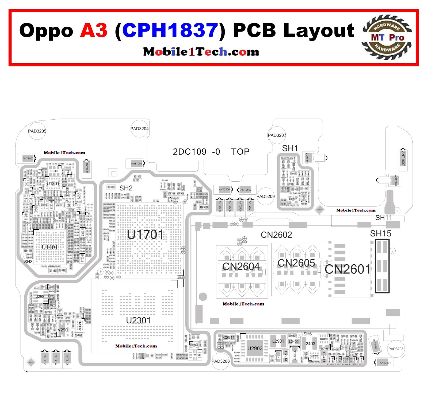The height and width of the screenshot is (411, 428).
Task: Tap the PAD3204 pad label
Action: tap(139, 129)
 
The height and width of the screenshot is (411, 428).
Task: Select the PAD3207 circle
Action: tap(277, 135)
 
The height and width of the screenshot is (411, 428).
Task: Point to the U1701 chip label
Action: tap(145, 234)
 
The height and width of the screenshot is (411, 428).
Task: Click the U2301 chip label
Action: tap(138, 320)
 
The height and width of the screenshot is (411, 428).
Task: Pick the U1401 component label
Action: tap(50, 247)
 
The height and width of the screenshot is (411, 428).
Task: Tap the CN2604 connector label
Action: tap(241, 266)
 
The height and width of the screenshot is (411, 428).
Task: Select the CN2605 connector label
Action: tap(296, 263)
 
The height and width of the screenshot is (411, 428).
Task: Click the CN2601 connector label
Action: tap(347, 269)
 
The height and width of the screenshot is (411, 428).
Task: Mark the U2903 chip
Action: tap(255, 348)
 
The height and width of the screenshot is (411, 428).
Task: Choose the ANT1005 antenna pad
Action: tap(28, 158)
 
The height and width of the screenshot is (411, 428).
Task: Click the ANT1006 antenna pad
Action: tap(136, 163)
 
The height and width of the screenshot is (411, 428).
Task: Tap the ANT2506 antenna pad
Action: tap(224, 190)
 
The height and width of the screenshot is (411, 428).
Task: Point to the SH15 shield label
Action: tap(380, 234)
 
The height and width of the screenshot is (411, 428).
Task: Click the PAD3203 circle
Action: tap(396, 349)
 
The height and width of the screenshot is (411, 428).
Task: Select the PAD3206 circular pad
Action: tap(221, 361)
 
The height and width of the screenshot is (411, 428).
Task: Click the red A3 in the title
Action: tap(94, 30)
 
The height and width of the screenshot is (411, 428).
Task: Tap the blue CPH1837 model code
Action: tap(170, 30)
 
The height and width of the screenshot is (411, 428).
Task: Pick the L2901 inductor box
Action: tap(278, 341)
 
